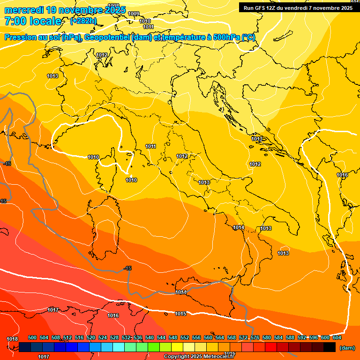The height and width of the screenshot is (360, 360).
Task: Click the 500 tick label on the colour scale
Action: click(32, 337)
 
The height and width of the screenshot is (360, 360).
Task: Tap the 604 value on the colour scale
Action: click(337, 337)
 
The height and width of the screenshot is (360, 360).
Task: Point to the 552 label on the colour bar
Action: click(185, 337)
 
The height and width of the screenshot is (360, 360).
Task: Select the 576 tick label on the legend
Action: click(255, 337)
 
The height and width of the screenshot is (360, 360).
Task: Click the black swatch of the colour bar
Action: click(330, 347)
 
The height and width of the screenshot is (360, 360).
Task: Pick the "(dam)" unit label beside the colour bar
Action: click(347, 347)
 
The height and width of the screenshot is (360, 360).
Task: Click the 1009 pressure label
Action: click(134, 14)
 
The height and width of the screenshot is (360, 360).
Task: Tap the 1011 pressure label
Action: click(150, 147)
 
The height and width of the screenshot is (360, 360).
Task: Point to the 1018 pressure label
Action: click(12, 339)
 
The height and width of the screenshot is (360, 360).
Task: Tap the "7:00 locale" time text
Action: click(33, 21)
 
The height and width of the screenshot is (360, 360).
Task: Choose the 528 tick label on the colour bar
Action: click(114, 337)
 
